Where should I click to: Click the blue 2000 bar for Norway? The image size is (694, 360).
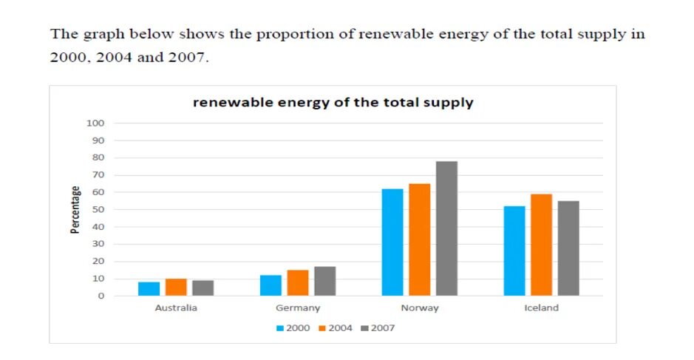(392, 242)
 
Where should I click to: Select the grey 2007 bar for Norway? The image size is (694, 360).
(446, 228)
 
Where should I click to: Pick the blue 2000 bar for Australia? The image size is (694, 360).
(149, 289)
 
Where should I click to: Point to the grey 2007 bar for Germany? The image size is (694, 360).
(324, 281)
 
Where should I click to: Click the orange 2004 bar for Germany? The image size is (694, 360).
(298, 283)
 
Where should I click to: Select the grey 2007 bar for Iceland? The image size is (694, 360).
(568, 248)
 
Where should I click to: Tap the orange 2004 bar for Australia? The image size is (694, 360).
(176, 288)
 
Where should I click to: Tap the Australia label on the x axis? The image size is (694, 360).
(176, 308)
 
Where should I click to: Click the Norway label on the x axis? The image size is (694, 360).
(420, 308)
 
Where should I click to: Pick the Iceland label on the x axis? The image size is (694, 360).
(542, 308)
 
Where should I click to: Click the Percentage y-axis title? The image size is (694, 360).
(75, 210)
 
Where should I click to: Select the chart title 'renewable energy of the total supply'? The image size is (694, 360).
(333, 103)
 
